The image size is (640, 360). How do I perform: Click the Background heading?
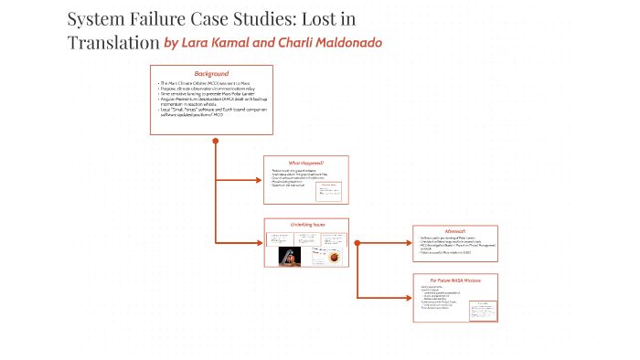[x=211, y=73]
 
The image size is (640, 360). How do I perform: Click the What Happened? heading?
[x=305, y=163]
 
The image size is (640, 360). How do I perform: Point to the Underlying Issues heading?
[x=307, y=224]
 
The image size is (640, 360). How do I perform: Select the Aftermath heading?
[x=454, y=231]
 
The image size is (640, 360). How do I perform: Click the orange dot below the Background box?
[x=215, y=141]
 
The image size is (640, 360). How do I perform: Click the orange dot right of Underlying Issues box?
[x=357, y=243]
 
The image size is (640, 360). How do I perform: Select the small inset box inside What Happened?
[x=329, y=190]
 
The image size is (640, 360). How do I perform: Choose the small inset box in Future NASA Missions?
[x=479, y=310]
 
